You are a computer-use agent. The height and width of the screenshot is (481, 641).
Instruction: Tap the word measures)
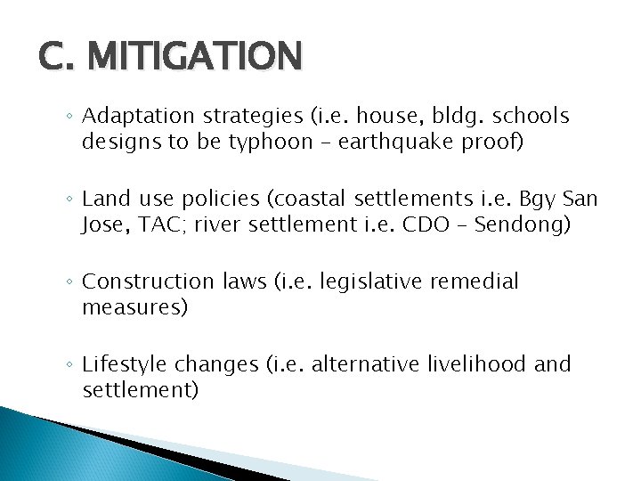coord(134,307)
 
